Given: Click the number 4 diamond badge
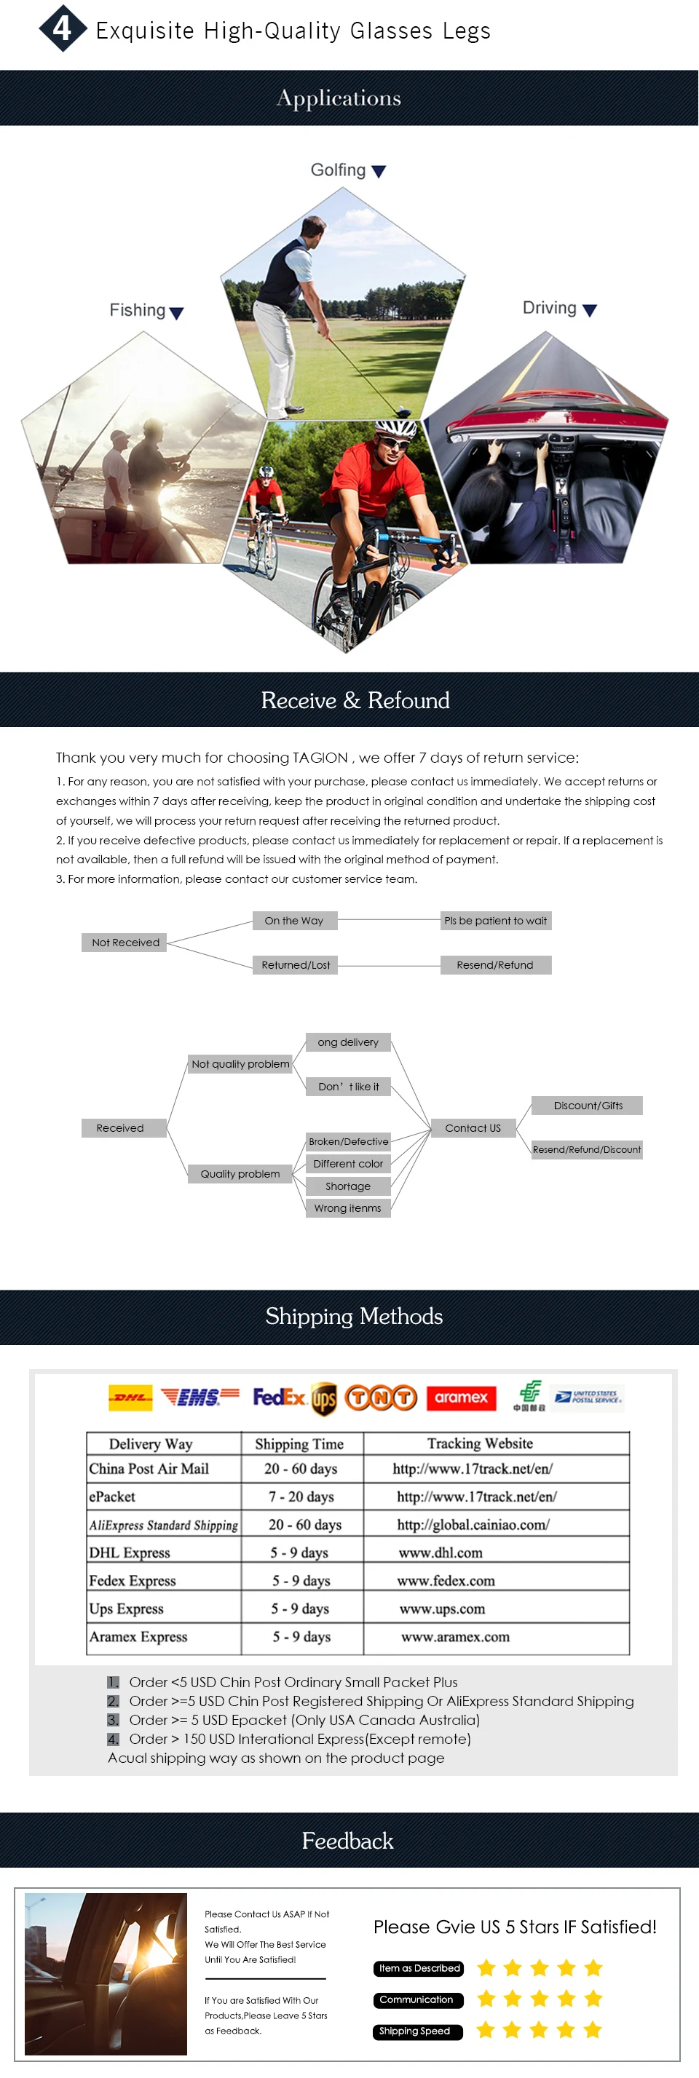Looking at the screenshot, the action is [63, 28].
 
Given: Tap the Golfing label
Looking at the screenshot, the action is [338, 170].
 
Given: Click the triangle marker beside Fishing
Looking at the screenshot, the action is [177, 313].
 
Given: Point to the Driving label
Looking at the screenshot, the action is [550, 308].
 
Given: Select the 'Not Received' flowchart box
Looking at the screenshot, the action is [125, 943].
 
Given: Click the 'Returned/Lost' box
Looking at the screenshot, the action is [296, 965].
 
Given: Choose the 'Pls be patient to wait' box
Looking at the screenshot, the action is [496, 921].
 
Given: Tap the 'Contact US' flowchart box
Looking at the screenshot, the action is [473, 1127].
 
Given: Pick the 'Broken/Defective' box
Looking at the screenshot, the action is [349, 1141].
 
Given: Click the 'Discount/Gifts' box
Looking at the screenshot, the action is [588, 1105].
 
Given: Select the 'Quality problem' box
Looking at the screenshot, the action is [240, 1174].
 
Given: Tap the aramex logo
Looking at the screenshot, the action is [461, 1397].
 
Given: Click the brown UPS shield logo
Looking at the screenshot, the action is [324, 1399].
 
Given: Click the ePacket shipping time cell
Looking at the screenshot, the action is [301, 1496].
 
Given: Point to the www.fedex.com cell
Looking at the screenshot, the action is [446, 1580].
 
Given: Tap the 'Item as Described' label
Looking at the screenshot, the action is [419, 1968].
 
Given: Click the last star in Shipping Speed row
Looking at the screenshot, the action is [593, 2030].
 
